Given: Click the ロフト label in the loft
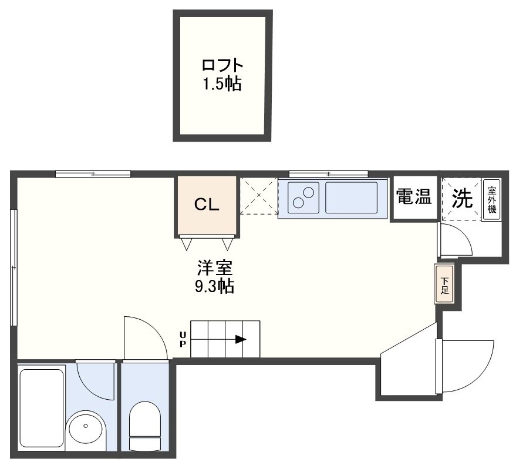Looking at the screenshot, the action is coord(222,66).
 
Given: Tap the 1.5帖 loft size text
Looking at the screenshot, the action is coord(222,83).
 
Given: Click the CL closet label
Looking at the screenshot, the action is coord(207,205).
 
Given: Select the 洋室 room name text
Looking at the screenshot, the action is coord(215,268).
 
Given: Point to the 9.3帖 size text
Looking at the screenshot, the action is coord(215,286).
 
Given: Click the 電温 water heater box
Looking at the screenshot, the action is coord(414,198).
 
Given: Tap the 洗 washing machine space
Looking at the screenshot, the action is coord(461,199).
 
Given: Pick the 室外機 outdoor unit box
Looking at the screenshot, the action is coord(492,200).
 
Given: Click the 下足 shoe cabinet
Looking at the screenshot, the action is coord(444,285).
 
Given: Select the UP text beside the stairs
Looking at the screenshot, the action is coord(183,339).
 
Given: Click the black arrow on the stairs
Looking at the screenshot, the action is coord(241,339).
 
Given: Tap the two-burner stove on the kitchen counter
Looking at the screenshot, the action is coord(303,198).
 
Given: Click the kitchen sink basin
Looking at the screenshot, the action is coord(352,198).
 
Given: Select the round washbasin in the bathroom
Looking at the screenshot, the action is coord(86,430).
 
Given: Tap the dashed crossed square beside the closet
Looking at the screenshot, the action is coord(259,196).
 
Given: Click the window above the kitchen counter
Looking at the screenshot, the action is coord(328,174).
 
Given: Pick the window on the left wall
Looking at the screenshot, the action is coord(14,267).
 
